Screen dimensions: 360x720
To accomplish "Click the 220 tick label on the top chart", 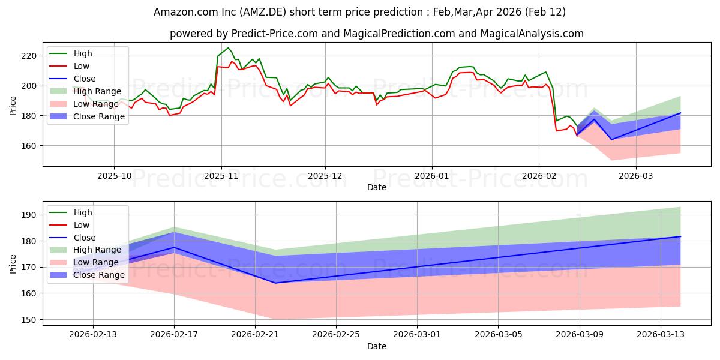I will [29, 56].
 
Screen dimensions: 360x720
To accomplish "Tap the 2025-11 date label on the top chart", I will [221, 176].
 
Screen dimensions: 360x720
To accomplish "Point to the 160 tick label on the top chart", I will [29, 146].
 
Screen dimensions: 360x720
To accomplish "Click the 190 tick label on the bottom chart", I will [29, 215].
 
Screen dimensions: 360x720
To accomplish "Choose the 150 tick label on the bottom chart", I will [29, 320].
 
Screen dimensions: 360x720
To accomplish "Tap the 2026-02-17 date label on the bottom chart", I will [174, 335].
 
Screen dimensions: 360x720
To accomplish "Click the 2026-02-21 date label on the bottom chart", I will [255, 335].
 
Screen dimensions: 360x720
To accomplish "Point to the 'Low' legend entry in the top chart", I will [82, 66].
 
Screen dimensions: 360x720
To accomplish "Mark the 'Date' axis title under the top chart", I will [376, 187].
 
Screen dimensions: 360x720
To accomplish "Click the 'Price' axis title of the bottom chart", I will [13, 263].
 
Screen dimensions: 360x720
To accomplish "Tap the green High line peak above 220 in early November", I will [228, 48].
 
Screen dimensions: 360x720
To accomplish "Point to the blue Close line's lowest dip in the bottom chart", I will [275, 283].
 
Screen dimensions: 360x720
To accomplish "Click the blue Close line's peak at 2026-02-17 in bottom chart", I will [174, 247].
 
